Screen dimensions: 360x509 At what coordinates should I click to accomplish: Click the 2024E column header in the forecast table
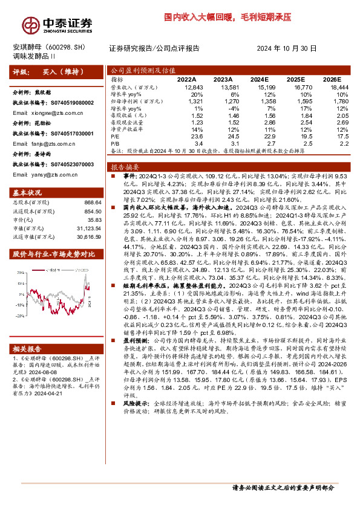coord(259,79)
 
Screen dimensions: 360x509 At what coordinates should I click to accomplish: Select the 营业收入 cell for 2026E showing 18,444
coord(330,87)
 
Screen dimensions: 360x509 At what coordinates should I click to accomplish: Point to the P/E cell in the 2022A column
coord(188,136)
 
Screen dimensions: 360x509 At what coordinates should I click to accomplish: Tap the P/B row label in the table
coord(116,143)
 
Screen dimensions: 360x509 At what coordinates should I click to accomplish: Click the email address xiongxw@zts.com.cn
coord(62,112)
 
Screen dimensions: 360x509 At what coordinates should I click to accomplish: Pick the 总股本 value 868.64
coord(92,203)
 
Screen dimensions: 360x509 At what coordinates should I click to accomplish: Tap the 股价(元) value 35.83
coord(94,221)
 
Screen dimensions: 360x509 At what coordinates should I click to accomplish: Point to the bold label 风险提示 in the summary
coord(126,418)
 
